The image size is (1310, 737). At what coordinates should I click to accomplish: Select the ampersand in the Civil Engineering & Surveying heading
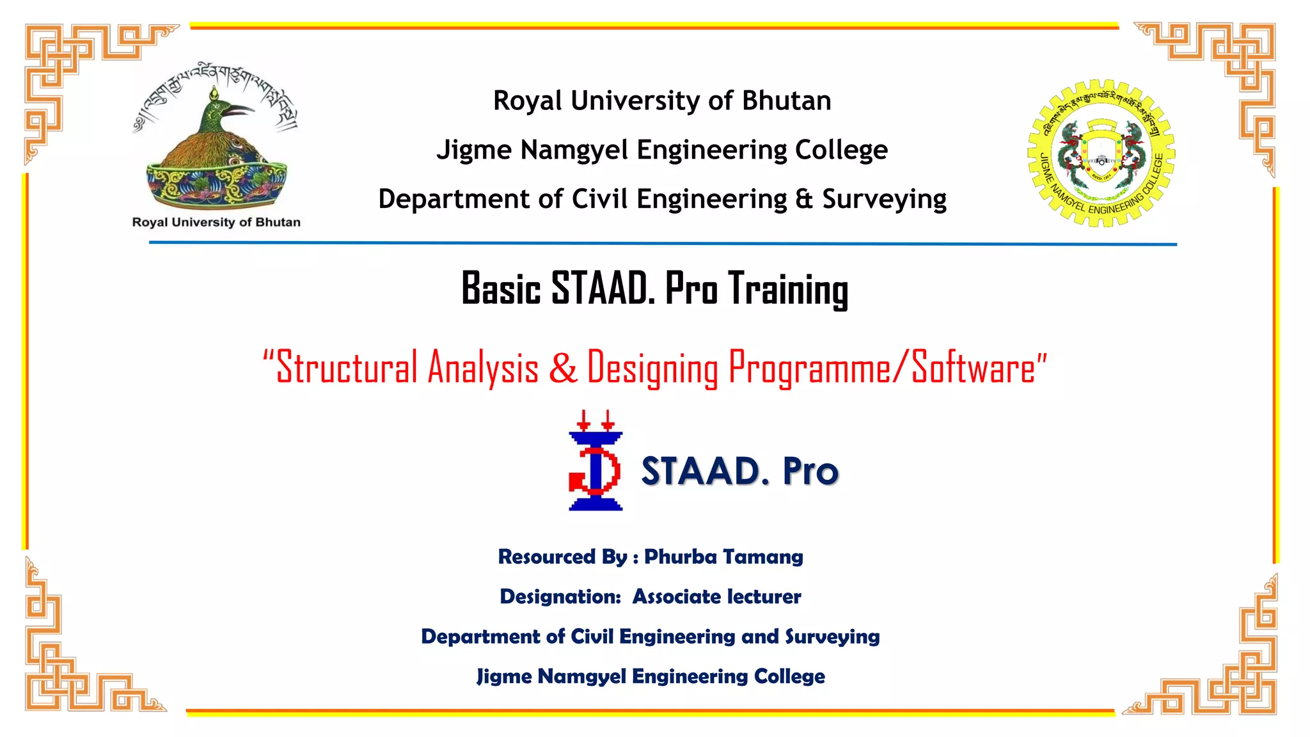(x=804, y=199)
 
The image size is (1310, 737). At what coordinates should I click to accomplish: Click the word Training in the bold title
(x=789, y=290)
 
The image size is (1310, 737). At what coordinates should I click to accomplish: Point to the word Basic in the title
(x=501, y=289)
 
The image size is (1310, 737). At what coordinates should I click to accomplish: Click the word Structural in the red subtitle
(x=346, y=368)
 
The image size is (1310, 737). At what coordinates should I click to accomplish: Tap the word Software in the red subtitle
(x=973, y=368)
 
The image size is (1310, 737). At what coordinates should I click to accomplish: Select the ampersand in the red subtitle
(x=562, y=368)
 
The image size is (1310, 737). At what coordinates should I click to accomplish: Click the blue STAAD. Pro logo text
(x=739, y=472)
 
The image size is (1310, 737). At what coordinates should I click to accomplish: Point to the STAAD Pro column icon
(x=595, y=461)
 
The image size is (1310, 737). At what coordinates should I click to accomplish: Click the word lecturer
(x=764, y=597)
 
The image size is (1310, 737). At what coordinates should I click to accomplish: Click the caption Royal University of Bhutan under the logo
(x=216, y=223)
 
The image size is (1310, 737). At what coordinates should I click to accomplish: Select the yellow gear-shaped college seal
(x=1101, y=154)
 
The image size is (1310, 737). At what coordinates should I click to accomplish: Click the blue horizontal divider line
(x=663, y=243)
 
